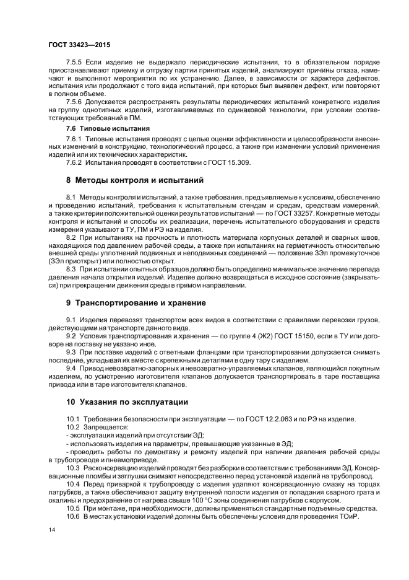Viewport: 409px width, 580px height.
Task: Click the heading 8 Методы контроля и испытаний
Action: pos(135,181)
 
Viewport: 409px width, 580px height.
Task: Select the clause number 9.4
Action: pos(71,367)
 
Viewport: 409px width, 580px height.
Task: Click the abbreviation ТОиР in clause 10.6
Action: pos(348,516)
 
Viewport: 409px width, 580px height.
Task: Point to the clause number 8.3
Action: pos(71,270)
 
